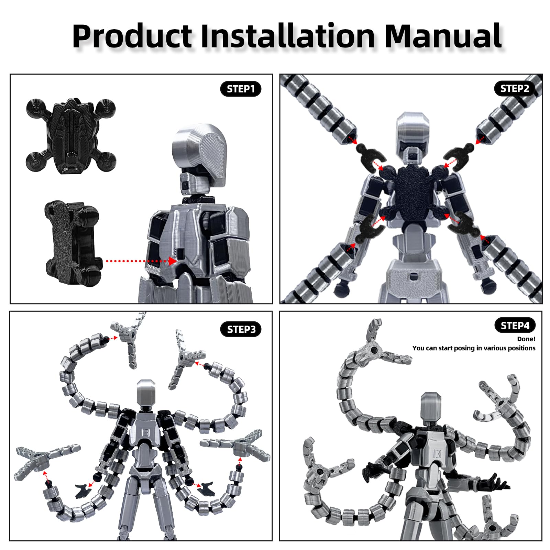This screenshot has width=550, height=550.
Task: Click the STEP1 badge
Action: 241,89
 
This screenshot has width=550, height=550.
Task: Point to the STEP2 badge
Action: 515,89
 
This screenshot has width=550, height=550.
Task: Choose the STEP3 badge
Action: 241,330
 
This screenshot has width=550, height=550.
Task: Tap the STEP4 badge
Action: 515,326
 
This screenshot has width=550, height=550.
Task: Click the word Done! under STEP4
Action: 526,339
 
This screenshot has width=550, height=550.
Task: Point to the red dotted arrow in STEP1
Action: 141,261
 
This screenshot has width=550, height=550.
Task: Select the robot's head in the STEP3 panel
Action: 146,393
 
